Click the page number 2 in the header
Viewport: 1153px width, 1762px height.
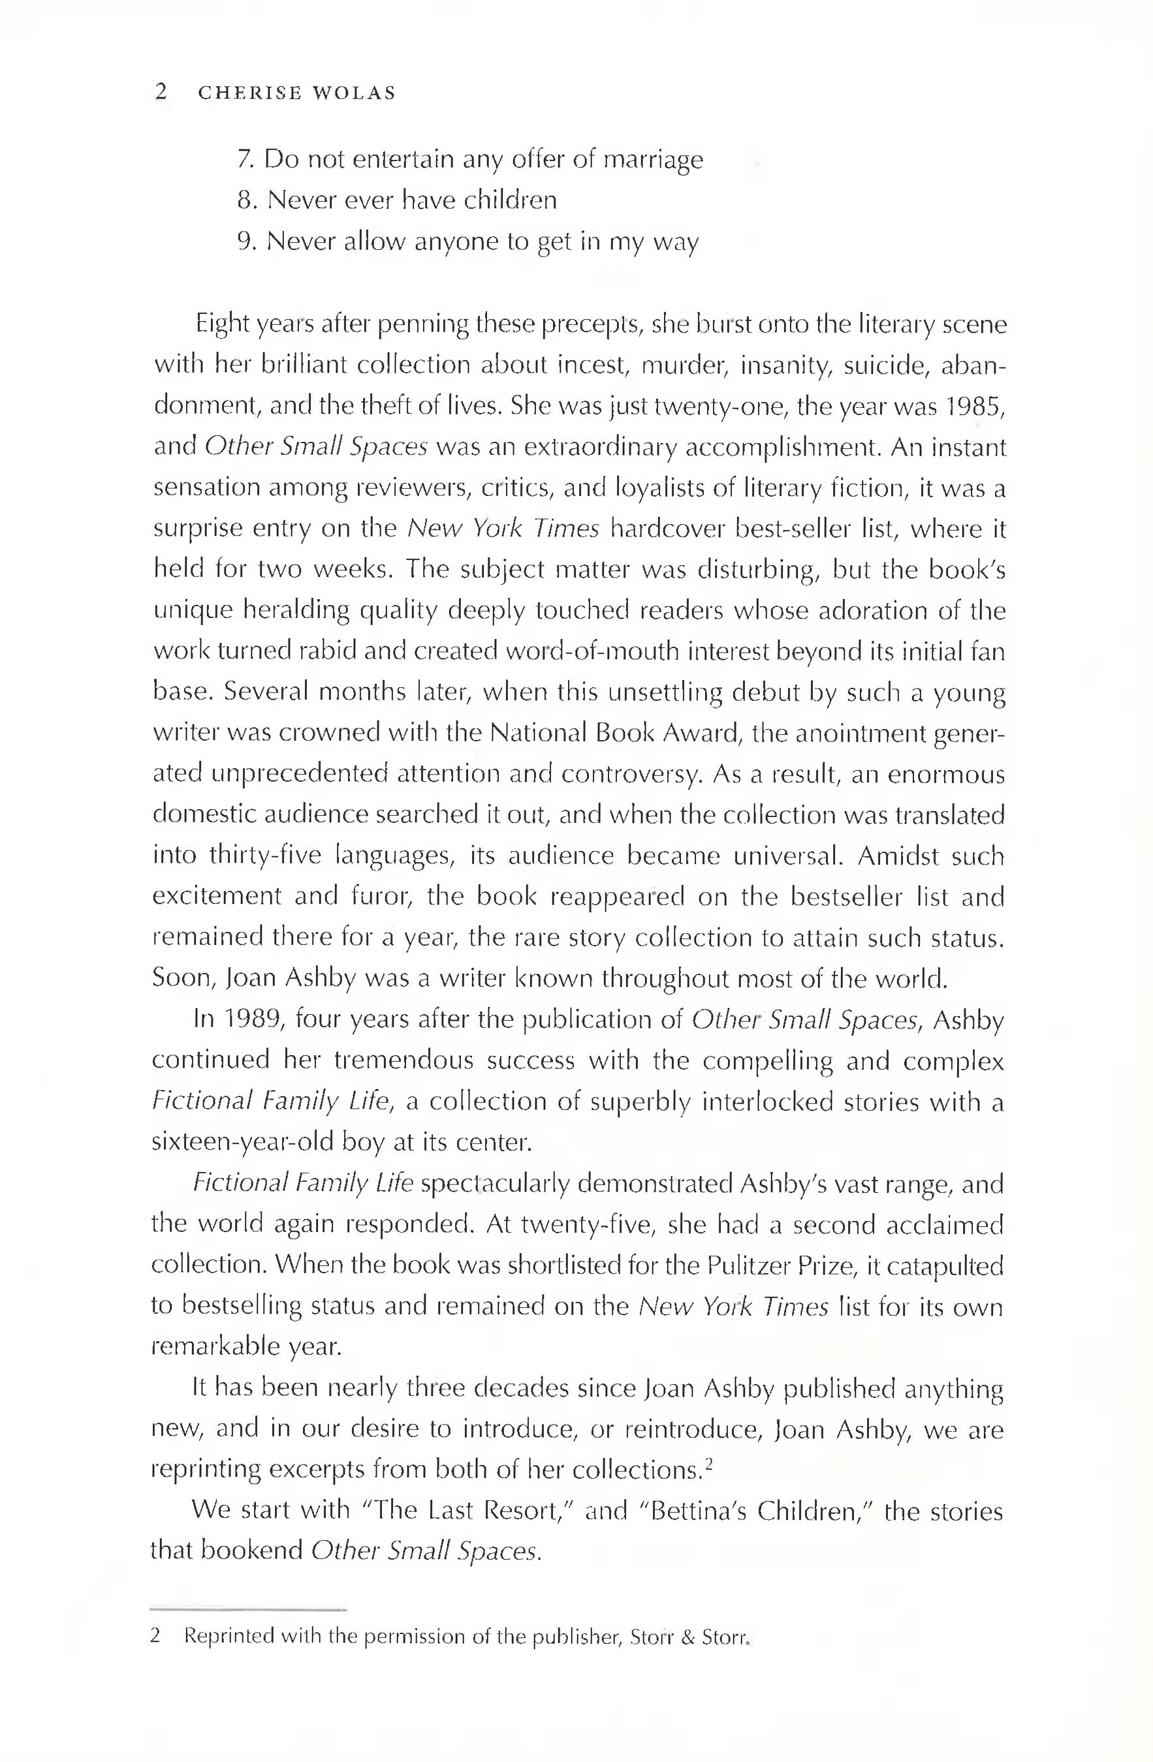pyautogui.click(x=161, y=93)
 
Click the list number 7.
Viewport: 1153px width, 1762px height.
pyautogui.click(x=244, y=159)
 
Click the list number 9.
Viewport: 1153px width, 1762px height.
pyautogui.click(x=245, y=241)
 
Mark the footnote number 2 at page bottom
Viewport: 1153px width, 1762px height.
pyautogui.click(x=155, y=1635)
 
